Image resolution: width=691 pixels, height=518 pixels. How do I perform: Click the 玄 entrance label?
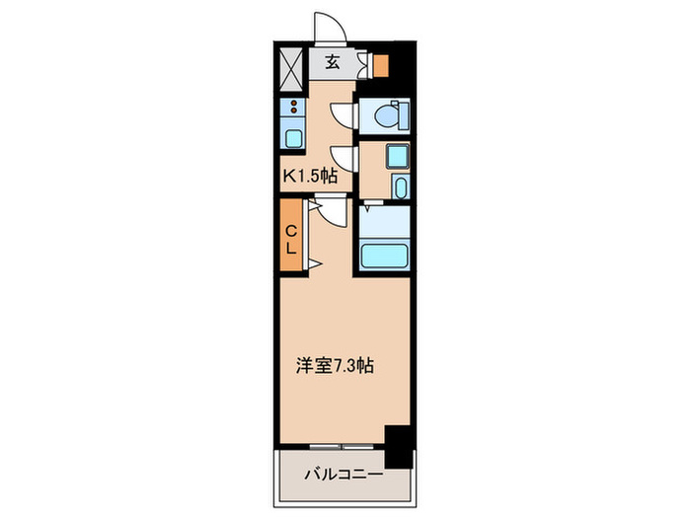click(332, 62)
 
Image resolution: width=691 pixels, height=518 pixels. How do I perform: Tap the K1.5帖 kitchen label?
click(311, 178)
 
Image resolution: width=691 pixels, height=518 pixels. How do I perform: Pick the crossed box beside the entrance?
click(292, 66)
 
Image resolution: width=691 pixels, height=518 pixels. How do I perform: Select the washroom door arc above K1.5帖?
click(342, 158)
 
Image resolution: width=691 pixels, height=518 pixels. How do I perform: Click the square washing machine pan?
click(397, 155)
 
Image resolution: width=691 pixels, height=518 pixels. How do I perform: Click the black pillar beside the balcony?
click(398, 446)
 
